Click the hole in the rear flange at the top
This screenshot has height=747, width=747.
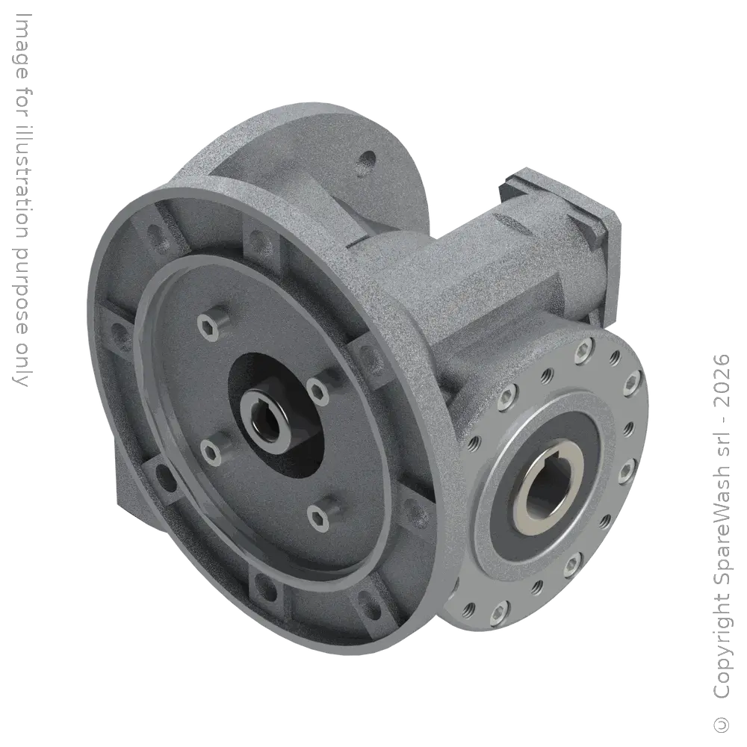(368, 159)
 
